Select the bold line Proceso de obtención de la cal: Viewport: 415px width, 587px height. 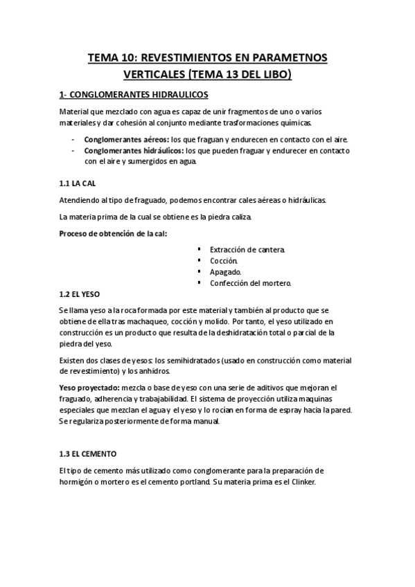(113, 233)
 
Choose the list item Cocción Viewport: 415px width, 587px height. (223, 260)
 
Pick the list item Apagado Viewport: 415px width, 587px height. (225, 271)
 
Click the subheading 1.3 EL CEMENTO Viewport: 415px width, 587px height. (88, 453)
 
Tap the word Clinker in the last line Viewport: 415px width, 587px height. (300, 482)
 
